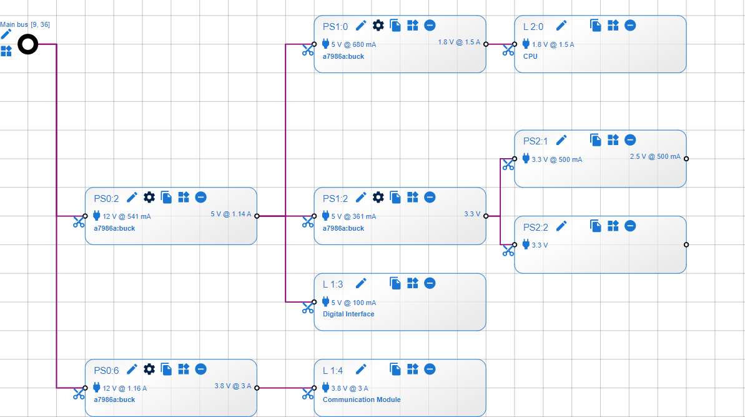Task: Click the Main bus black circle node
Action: pos(27,44)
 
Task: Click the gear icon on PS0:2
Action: pos(149,197)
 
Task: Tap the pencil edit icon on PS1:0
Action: pos(361,25)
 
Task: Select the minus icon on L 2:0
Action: pos(630,25)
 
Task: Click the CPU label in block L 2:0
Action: pos(530,56)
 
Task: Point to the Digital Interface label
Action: pos(348,314)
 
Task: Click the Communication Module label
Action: pos(362,399)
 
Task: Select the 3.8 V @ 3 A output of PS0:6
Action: pos(232,386)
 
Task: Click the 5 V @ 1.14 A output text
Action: pos(230,214)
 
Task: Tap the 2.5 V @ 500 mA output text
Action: pos(655,156)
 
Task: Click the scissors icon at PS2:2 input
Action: pos(508,251)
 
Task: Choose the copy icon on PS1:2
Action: pos(395,197)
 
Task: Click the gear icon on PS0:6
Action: pos(149,369)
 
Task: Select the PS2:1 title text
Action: pos(535,141)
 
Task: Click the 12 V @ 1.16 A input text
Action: pos(125,388)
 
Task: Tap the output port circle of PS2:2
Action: pos(686,244)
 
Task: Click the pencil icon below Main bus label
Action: pos(6,34)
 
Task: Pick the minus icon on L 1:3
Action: pos(430,283)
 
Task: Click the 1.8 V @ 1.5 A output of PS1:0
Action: pos(458,42)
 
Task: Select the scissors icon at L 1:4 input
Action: pos(308,394)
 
